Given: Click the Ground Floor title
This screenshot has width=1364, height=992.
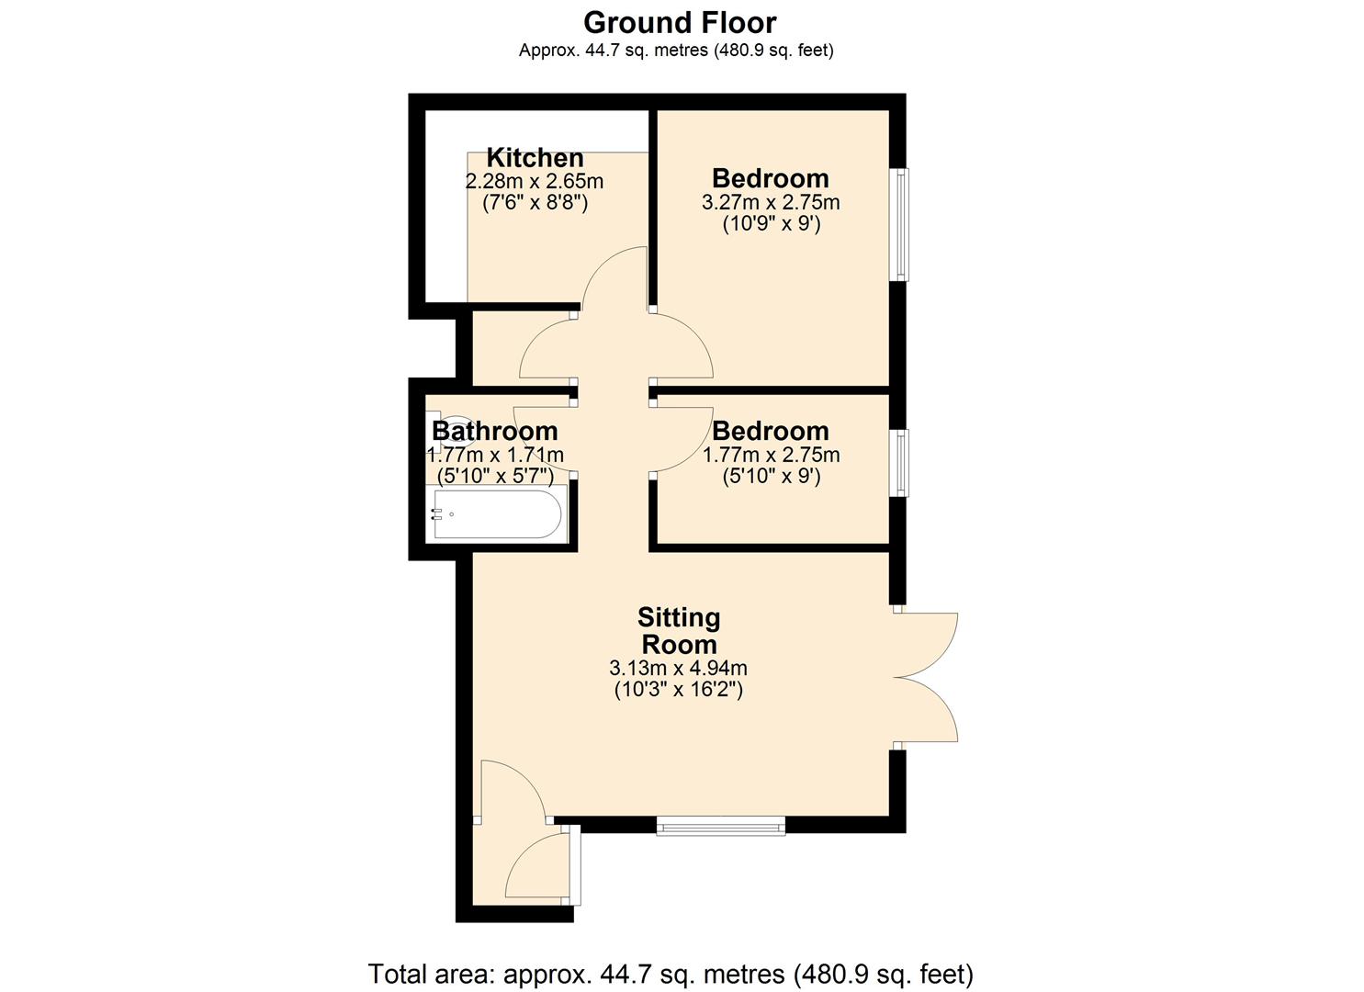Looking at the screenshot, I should coord(680,22).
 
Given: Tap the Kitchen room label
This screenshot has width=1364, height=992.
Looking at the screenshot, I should coord(535,157).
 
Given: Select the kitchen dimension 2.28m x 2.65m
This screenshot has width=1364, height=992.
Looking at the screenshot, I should coord(535,181).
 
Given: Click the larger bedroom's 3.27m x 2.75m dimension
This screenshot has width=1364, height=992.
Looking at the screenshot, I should coord(771,202).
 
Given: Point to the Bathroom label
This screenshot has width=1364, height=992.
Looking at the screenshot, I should coord(495,431).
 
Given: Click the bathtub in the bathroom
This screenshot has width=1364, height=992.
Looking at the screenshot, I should coord(497,514).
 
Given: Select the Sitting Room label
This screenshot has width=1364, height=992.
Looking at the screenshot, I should coord(679,630).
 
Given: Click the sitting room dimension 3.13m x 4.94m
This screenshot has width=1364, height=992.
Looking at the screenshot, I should coord(678,668).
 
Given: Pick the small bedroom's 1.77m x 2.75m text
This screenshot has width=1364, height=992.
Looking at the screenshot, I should coord(771,455).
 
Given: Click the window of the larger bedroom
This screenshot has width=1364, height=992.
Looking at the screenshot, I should coord(901,224).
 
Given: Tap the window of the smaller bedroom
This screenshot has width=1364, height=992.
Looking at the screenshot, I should coord(901,462).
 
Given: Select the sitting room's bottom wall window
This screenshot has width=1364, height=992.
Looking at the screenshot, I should coord(721,826).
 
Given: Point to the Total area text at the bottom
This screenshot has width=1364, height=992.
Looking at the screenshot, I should coord(671,974).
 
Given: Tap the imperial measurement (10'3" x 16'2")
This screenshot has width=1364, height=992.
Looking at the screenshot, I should coord(678,689).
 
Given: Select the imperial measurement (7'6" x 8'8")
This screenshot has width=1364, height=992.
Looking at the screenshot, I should coord(535,202).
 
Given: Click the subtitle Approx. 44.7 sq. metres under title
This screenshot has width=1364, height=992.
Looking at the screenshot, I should coord(676,51).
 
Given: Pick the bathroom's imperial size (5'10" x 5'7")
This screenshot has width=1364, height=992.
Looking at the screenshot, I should coord(495,476).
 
